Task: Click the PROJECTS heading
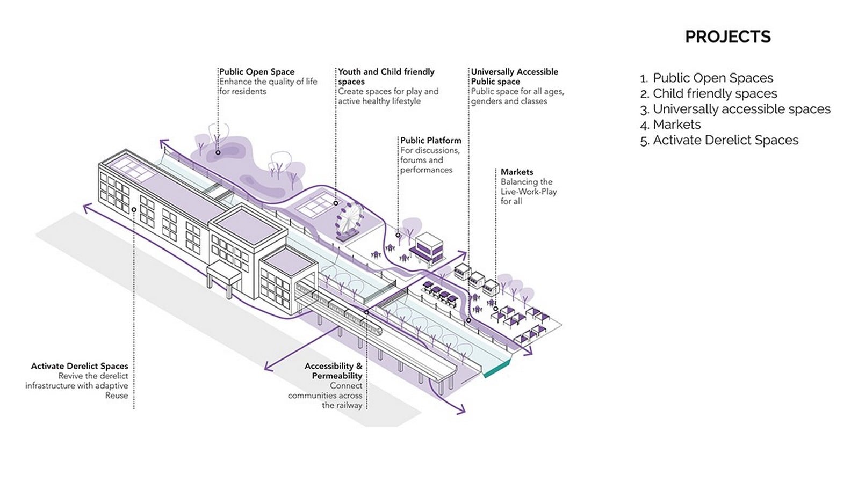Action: pos(727,37)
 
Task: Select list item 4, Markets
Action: pos(670,125)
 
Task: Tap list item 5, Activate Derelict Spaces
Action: pos(719,140)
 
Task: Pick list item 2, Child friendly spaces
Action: pos(709,93)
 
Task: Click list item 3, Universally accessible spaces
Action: pos(735,109)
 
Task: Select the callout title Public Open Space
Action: pos(257,72)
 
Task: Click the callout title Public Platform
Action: pos(430,141)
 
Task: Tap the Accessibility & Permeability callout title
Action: pos(333,371)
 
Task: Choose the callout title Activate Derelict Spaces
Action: pos(80,366)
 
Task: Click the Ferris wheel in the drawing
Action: pos(348,223)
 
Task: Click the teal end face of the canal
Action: pos(497,369)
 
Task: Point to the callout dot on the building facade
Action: pos(134,209)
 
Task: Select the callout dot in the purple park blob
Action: pos(218,152)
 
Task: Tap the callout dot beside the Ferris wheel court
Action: pos(336,203)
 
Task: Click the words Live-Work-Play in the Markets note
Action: pos(529,192)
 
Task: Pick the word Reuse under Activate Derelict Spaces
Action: pos(117,396)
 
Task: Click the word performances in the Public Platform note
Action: pos(426,170)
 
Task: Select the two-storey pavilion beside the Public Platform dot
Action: pos(428,248)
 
